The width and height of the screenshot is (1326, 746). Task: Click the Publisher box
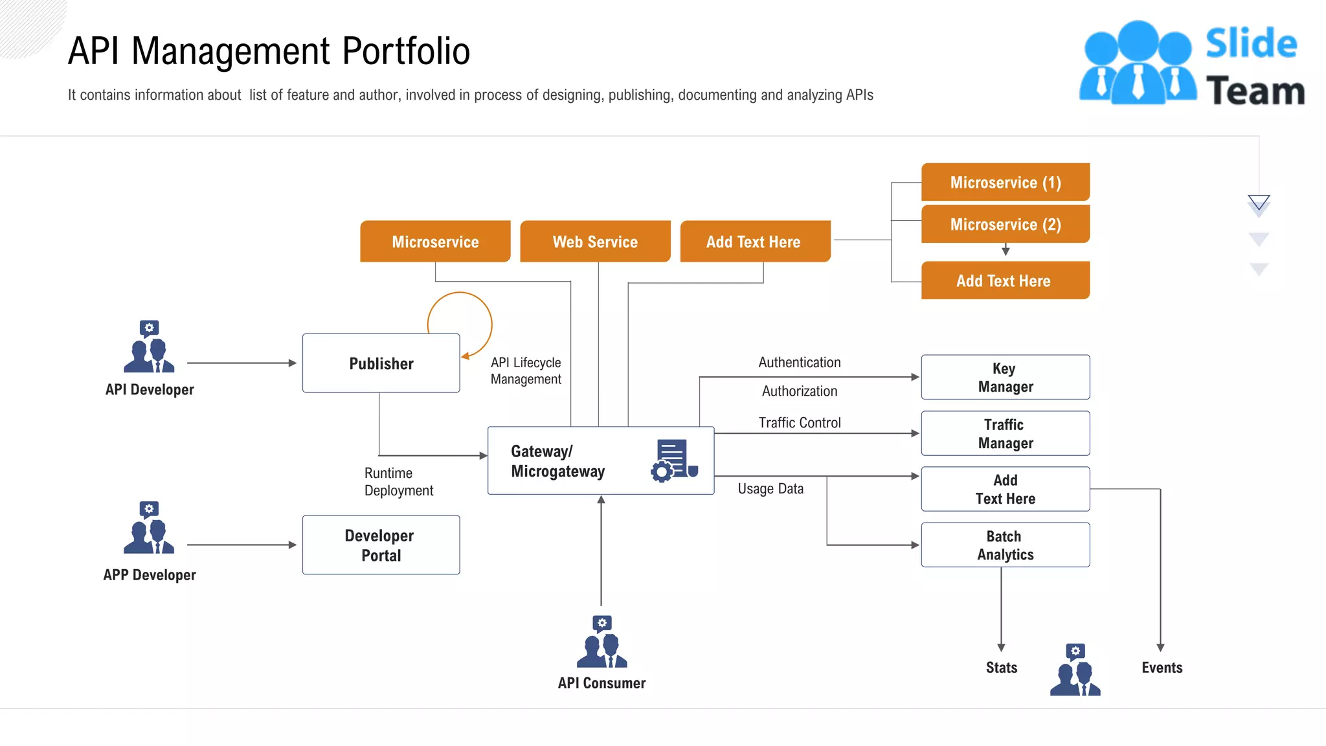(x=381, y=363)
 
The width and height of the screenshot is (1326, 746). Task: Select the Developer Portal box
(x=381, y=545)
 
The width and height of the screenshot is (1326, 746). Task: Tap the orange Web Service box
(x=595, y=242)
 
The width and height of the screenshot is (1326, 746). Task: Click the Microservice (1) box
(x=1005, y=182)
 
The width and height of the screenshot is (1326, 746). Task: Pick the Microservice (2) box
(x=1005, y=224)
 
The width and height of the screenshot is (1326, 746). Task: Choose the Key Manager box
(x=1005, y=377)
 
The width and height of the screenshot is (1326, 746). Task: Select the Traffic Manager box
(x=1005, y=433)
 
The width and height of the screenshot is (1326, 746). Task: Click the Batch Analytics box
(x=1005, y=545)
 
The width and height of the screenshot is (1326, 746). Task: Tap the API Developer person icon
(x=149, y=348)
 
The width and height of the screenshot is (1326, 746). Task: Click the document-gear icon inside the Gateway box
(x=674, y=460)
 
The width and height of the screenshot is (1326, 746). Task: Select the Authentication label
(x=799, y=362)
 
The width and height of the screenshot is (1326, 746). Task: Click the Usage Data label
(x=770, y=488)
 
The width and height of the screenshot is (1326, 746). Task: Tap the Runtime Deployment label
(x=398, y=482)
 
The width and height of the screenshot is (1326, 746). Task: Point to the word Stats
(x=1001, y=667)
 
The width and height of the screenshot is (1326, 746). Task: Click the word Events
(x=1162, y=667)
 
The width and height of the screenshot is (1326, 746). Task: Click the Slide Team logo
(x=1191, y=63)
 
